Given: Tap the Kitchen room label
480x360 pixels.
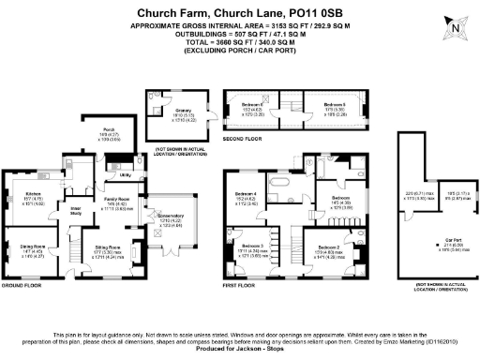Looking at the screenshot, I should click(x=22, y=193).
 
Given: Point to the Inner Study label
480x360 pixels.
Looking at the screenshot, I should click(x=77, y=208).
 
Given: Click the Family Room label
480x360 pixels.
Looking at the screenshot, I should click(x=116, y=200).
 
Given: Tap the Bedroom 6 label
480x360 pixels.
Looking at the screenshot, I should click(x=336, y=103).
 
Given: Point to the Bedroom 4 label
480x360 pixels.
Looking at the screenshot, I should click(x=246, y=194).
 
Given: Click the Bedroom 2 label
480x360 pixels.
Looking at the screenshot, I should click(x=328, y=245).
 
